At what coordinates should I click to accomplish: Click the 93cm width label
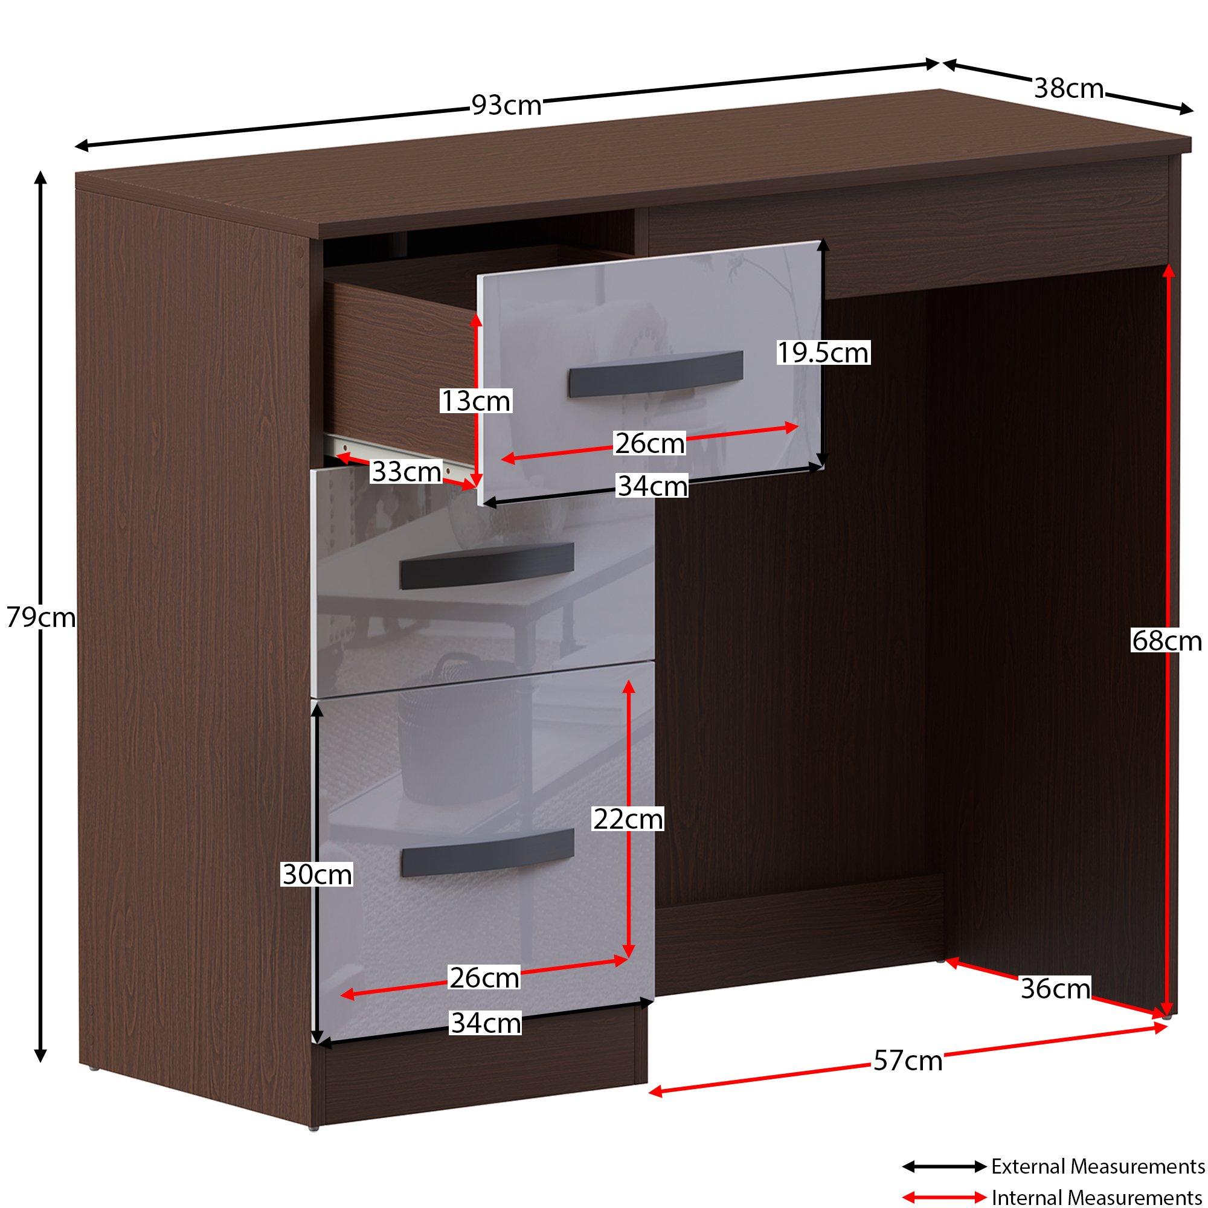click(x=507, y=105)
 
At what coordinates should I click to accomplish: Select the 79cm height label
click(x=41, y=618)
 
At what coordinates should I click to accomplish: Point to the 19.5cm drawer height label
click(x=823, y=353)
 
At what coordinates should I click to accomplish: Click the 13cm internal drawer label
click(x=476, y=401)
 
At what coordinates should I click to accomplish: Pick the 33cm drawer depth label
click(x=406, y=472)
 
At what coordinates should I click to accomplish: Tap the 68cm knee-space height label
click(x=1167, y=641)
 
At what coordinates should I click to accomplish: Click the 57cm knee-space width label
click(x=908, y=1061)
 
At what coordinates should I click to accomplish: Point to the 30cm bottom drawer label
click(x=317, y=874)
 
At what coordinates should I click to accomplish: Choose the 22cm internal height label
click(x=628, y=819)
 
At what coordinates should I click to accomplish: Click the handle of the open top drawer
click(x=655, y=374)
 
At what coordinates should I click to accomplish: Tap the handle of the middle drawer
click(x=486, y=566)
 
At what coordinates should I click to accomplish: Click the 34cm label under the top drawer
click(x=653, y=486)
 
